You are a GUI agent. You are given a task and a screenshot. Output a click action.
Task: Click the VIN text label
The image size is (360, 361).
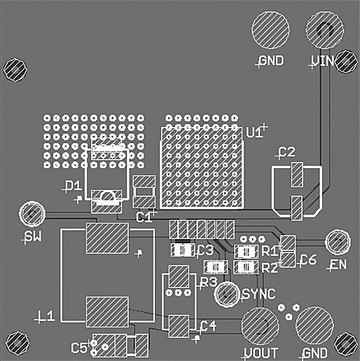(323, 61)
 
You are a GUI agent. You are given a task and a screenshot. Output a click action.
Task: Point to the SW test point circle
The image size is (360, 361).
(32, 213)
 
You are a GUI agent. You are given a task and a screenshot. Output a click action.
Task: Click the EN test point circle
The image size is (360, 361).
(338, 242)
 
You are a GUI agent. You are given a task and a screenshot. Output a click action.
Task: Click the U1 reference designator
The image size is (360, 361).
(254, 132)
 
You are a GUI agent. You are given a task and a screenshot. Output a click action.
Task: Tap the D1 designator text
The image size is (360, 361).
(72, 186)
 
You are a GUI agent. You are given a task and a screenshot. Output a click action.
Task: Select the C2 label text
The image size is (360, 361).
(286, 152)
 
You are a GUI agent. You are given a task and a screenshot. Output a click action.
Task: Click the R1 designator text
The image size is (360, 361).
(270, 250)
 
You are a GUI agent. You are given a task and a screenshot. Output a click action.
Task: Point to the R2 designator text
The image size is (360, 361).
(270, 267)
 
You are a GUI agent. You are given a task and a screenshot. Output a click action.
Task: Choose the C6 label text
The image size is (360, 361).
(308, 260)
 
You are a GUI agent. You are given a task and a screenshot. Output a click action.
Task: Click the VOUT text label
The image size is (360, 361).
(261, 353)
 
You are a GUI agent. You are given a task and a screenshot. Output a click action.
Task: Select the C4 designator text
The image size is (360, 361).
(208, 325)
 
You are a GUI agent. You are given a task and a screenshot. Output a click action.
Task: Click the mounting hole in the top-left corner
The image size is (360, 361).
(15, 69)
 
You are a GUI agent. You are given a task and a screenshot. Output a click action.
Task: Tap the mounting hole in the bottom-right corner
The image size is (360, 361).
(345, 343)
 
